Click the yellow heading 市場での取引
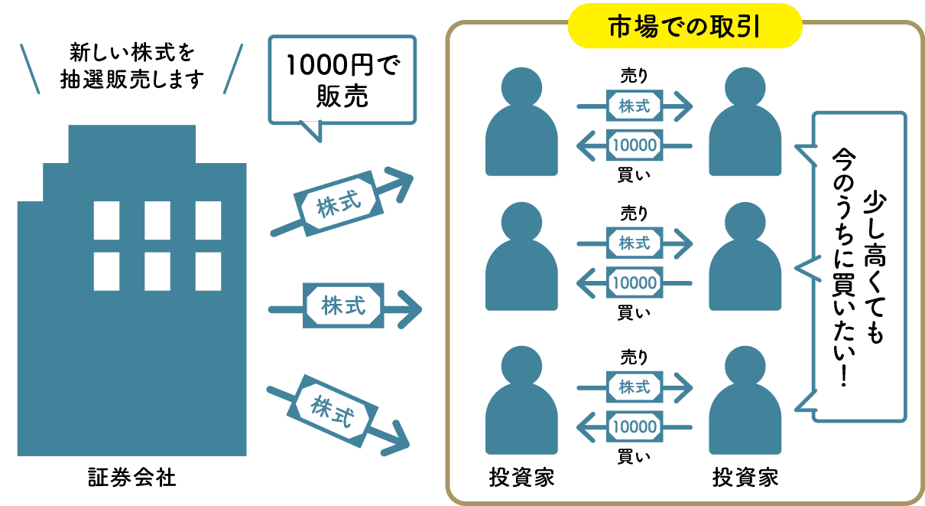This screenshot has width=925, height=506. (x=683, y=28)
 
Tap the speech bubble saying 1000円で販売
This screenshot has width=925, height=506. (x=342, y=79)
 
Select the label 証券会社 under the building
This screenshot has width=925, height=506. (x=131, y=479)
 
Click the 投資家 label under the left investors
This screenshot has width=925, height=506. (x=521, y=479)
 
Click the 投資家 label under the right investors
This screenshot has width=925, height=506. (x=745, y=479)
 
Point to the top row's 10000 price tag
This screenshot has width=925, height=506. (x=634, y=145)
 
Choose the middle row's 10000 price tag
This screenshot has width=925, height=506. (x=634, y=282)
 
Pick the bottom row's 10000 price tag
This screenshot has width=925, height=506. (x=634, y=426)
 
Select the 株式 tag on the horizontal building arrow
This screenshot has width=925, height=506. (x=342, y=307)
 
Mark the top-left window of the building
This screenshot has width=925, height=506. (x=106, y=220)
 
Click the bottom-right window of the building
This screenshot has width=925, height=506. (x=208, y=271)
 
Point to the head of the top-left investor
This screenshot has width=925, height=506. (x=521, y=87)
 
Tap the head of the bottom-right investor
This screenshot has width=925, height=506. (x=745, y=368)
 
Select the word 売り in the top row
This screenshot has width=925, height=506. (x=634, y=77)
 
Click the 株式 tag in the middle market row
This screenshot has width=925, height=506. (x=634, y=243)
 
